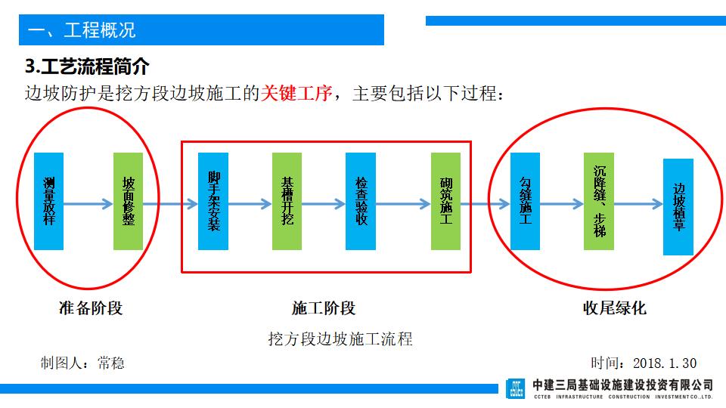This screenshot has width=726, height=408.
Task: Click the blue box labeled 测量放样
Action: (49, 202)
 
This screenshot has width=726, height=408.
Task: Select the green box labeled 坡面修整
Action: (128, 202)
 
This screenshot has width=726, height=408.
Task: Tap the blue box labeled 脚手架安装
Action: (213, 202)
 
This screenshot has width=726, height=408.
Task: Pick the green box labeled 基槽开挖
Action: (287, 202)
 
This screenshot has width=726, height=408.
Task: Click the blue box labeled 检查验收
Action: (361, 202)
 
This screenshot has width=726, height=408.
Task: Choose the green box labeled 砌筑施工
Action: (446, 202)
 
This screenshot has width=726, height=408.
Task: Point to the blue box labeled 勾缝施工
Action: (525, 202)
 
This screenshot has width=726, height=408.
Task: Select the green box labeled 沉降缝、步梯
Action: (599, 202)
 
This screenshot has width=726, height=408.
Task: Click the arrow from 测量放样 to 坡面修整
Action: (88, 203)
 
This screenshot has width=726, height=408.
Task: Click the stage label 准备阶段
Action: (90, 308)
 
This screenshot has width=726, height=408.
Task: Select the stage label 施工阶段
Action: (323, 308)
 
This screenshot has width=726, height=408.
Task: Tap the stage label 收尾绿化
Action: (614, 308)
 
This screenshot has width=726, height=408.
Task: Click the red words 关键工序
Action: (296, 94)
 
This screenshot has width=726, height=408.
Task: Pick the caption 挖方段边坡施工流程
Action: (340, 338)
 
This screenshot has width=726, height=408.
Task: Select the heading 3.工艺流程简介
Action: (87, 66)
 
